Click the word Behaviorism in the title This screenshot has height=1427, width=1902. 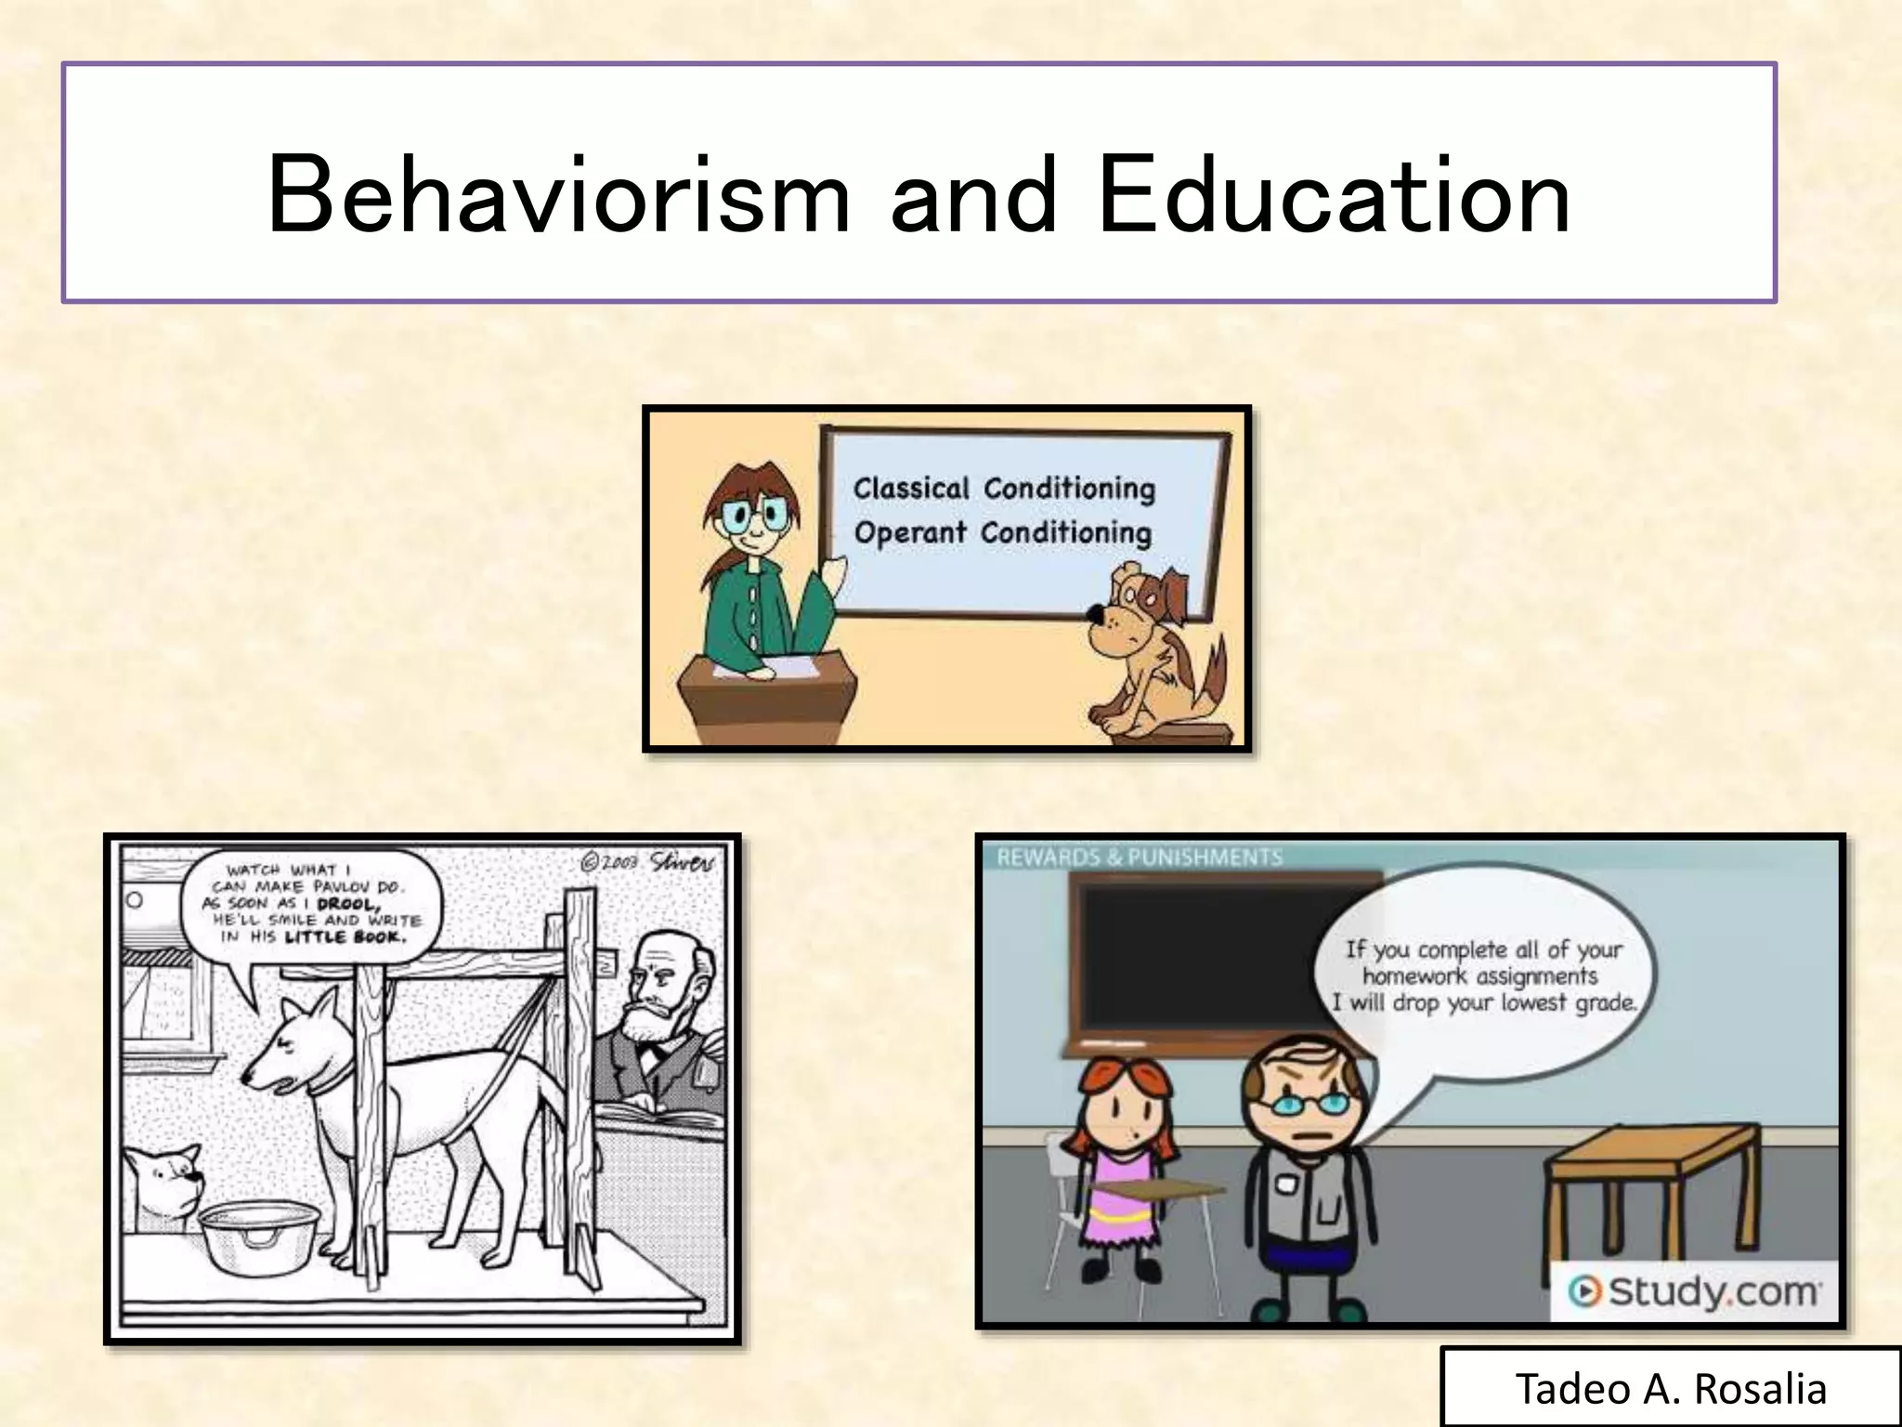(558, 195)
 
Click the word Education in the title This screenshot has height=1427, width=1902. (1334, 195)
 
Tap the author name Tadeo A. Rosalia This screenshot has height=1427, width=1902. (1671, 1389)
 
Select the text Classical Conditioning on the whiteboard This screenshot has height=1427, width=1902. (1004, 488)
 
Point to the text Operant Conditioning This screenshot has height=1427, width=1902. (1002, 532)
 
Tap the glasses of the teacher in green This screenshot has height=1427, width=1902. (753, 517)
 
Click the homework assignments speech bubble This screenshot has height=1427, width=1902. (1482, 976)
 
